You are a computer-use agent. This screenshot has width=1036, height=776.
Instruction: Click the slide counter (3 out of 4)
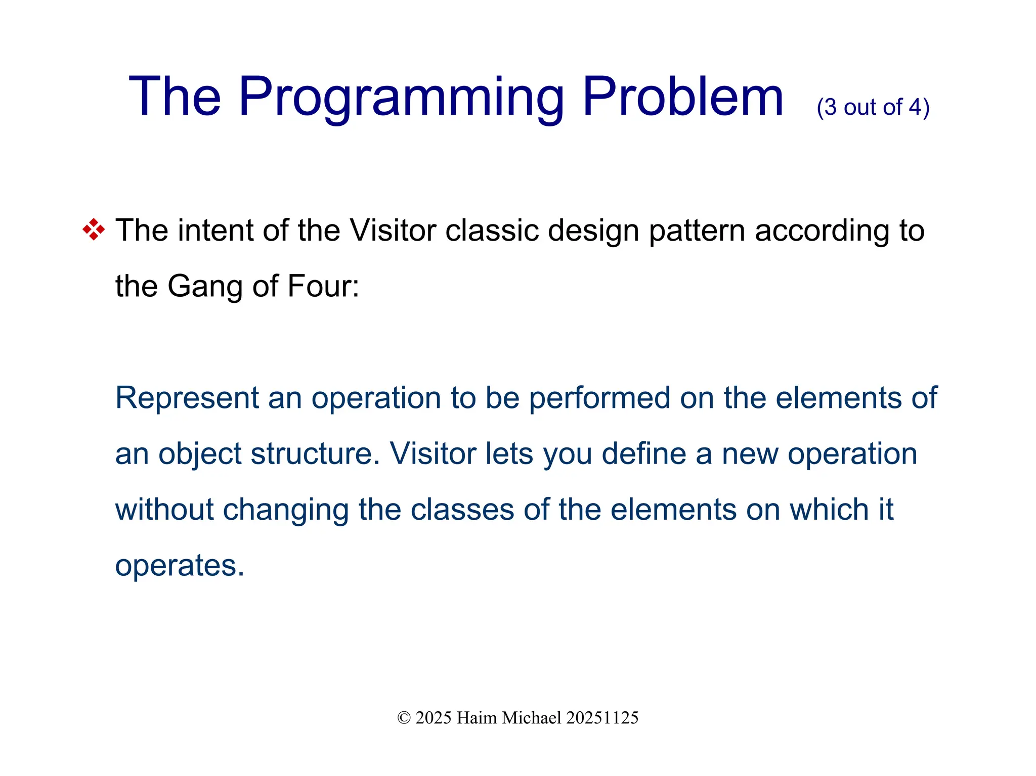(x=873, y=107)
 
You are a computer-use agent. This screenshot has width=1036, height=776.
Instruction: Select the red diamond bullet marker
(x=94, y=230)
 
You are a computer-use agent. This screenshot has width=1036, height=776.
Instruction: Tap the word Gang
(x=205, y=287)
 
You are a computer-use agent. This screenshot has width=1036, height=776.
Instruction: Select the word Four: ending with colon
(x=323, y=286)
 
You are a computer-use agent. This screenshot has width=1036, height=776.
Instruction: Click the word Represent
(x=187, y=398)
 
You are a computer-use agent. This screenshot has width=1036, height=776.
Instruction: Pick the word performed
(x=599, y=398)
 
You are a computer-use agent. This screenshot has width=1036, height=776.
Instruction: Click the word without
(x=164, y=509)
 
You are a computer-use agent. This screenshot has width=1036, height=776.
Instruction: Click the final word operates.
(x=180, y=566)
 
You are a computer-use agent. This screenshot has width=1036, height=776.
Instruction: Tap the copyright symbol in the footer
(x=404, y=718)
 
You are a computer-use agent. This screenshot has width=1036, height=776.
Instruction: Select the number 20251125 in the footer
(x=602, y=718)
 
